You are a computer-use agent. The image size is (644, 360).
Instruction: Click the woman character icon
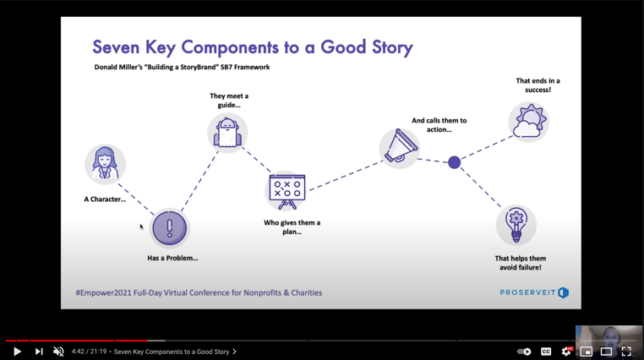tap(105, 164)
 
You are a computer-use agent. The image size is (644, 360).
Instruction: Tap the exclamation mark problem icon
tap(169, 228)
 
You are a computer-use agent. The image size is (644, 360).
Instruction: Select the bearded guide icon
tap(227, 133)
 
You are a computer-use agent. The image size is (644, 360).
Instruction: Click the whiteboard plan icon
tap(287, 191)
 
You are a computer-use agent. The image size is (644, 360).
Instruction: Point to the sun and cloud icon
tap(528, 122)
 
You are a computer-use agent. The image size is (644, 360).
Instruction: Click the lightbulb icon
tap(516, 225)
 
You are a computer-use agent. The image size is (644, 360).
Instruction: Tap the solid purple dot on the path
tap(454, 162)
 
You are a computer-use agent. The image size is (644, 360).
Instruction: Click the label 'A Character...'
tap(105, 199)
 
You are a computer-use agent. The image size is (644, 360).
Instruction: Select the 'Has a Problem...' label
tap(172, 259)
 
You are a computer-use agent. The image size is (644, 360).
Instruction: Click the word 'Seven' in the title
tap(116, 47)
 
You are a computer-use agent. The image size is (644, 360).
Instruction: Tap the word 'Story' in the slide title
tap(392, 47)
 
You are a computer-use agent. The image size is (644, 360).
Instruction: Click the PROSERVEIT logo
tap(534, 292)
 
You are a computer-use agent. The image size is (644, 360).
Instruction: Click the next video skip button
tap(39, 352)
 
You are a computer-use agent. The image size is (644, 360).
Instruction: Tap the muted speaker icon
tap(58, 352)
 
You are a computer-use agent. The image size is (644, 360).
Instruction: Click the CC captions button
tap(546, 352)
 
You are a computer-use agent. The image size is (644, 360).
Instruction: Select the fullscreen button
tap(626, 352)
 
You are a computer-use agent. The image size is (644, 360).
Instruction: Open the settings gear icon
tap(566, 351)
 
